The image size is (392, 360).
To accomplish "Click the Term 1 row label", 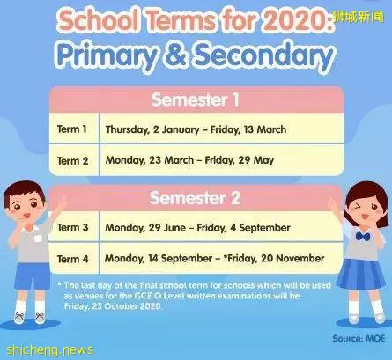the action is [x=72, y=129].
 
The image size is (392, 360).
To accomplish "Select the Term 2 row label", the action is [x=72, y=161].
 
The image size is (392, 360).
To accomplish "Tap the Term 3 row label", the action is [x=72, y=227].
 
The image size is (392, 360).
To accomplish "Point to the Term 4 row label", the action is [x=72, y=259].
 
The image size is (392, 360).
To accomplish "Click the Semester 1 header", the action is [x=196, y=99].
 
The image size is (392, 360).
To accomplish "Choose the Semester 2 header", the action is [x=196, y=198].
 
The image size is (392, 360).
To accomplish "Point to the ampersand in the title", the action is [x=176, y=55].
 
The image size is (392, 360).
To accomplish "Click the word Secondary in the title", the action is [x=263, y=55].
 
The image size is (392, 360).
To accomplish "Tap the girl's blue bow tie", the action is [x=363, y=236].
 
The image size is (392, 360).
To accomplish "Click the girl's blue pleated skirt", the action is [x=361, y=274].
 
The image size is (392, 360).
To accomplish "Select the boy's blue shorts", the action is [x=33, y=276].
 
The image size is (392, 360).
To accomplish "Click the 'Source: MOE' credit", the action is [x=359, y=338].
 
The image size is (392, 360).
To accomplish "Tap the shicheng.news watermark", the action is [x=50, y=350].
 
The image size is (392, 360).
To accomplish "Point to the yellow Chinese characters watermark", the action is [x=359, y=18].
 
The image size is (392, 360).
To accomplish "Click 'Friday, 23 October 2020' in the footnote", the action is [x=113, y=306].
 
